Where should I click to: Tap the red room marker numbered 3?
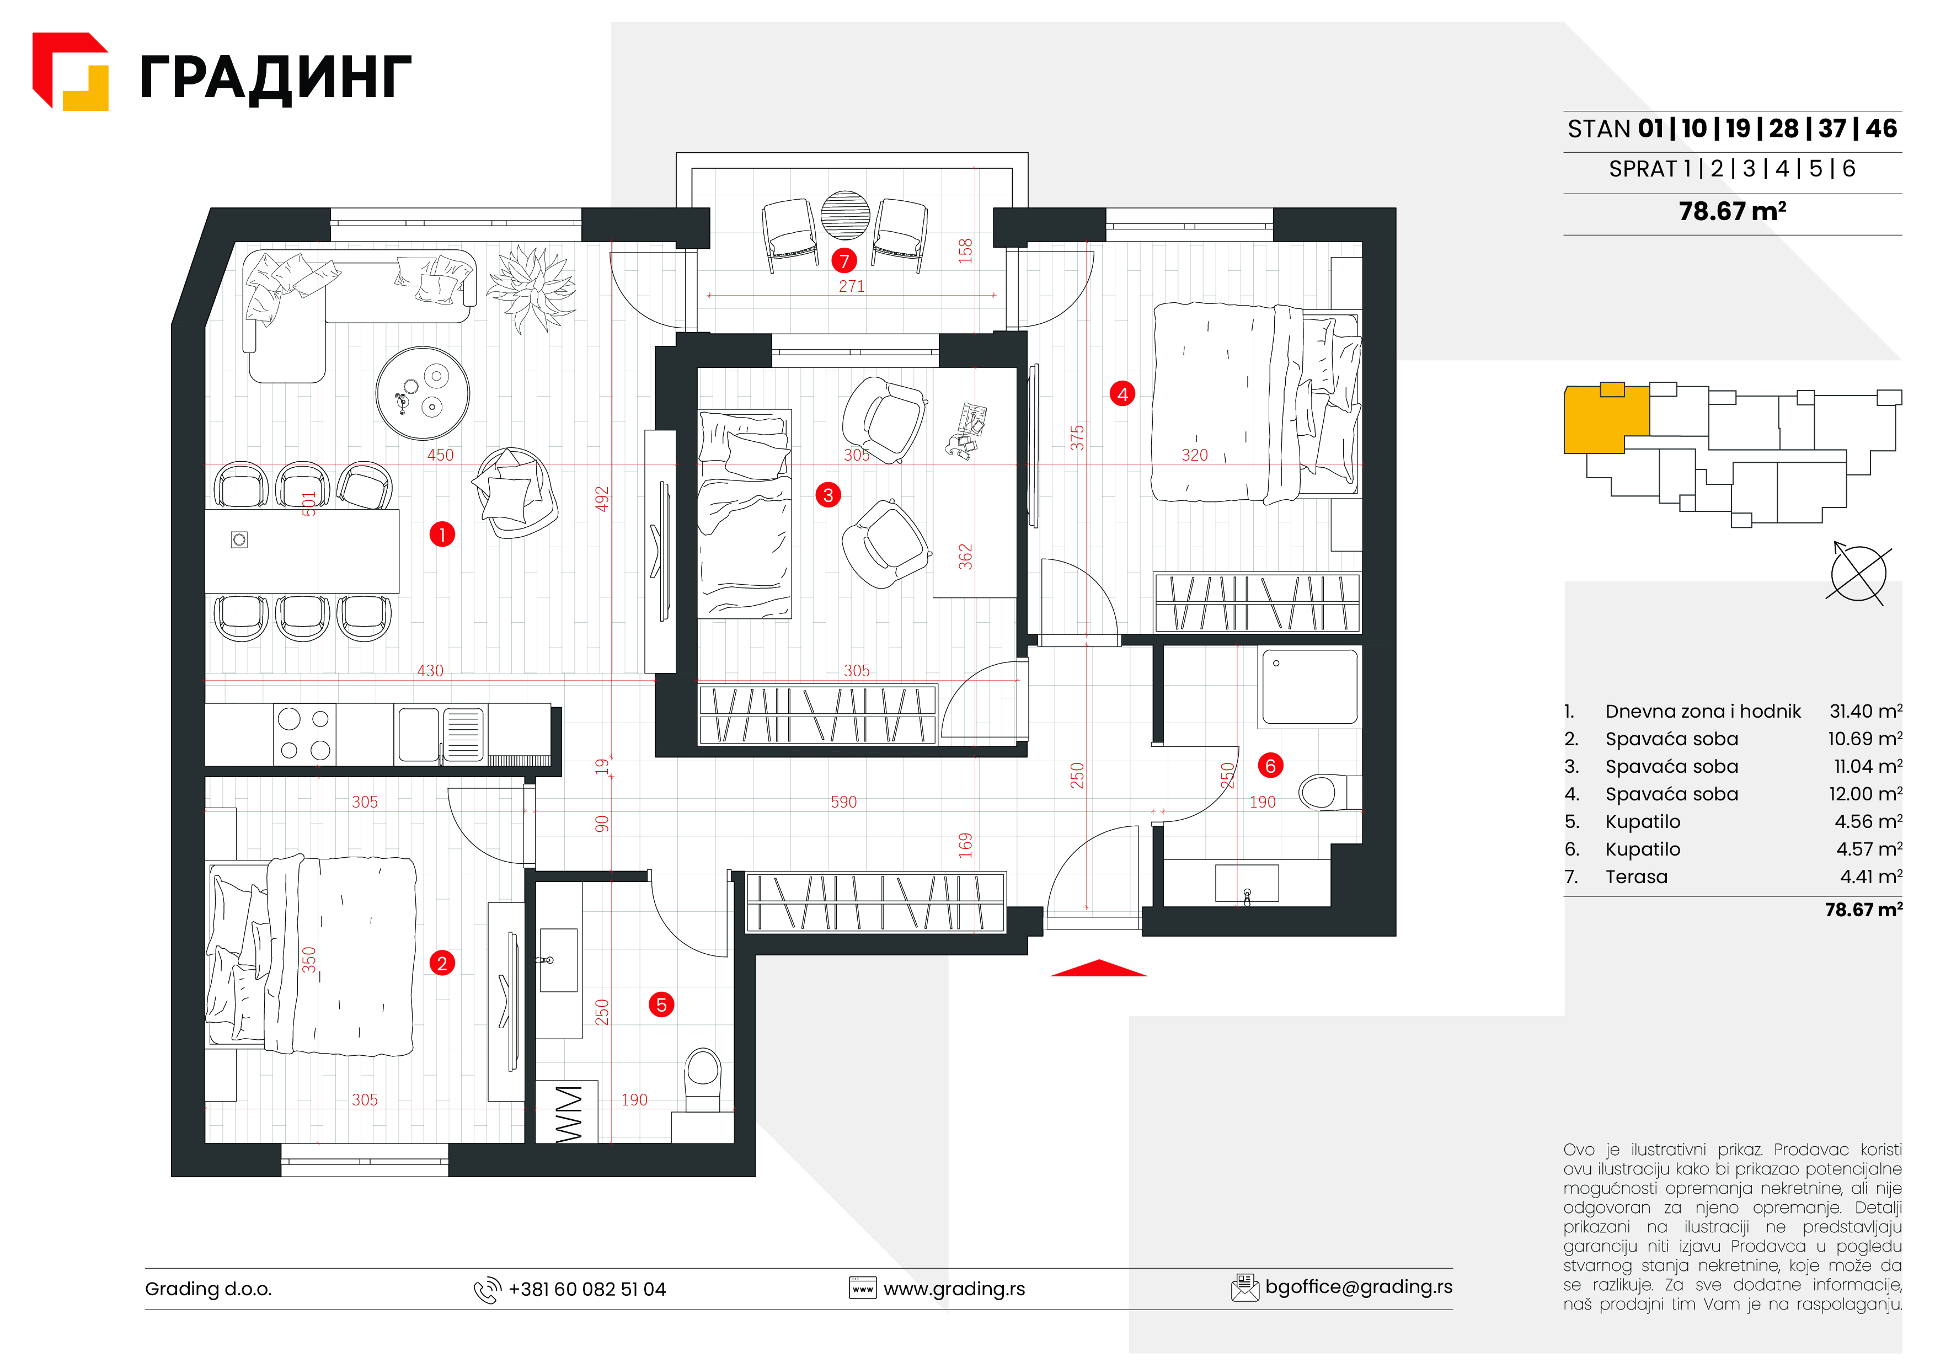point(827,495)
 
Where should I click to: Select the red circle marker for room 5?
point(661,1004)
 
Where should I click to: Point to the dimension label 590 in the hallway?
point(843,801)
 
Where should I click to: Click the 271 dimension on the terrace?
point(851,286)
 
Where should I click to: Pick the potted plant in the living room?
point(532,288)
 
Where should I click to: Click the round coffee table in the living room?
point(422,393)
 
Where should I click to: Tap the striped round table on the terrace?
point(844,216)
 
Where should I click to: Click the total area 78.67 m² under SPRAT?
point(1732,211)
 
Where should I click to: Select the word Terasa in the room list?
point(1636,877)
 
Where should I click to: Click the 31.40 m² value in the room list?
point(1865,712)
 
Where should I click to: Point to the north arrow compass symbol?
point(1858,573)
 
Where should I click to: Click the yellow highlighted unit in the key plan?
point(1606,419)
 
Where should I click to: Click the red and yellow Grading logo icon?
point(70,72)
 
